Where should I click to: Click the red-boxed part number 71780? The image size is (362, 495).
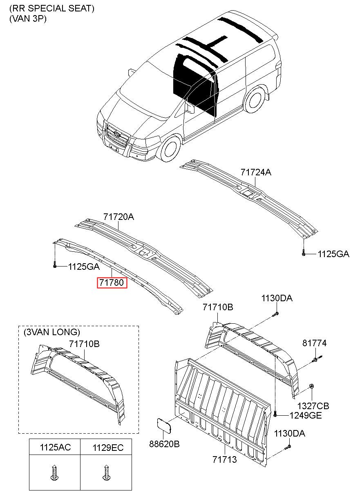[112, 282]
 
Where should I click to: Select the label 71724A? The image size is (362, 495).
[256, 172]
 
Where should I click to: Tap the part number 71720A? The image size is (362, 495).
[118, 217]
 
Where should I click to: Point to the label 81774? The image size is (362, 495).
[314, 343]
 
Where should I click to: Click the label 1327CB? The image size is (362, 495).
[313, 406]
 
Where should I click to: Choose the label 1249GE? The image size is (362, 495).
[306, 415]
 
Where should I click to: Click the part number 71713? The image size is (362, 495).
[224, 460]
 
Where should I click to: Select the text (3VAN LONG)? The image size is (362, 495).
[51, 332]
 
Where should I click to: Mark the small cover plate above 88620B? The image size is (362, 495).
[165, 426]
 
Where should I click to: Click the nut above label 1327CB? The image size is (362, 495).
[312, 386]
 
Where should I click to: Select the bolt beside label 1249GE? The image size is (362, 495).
[276, 414]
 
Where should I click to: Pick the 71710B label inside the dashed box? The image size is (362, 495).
[84, 344]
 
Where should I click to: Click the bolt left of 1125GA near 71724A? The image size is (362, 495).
[304, 253]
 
